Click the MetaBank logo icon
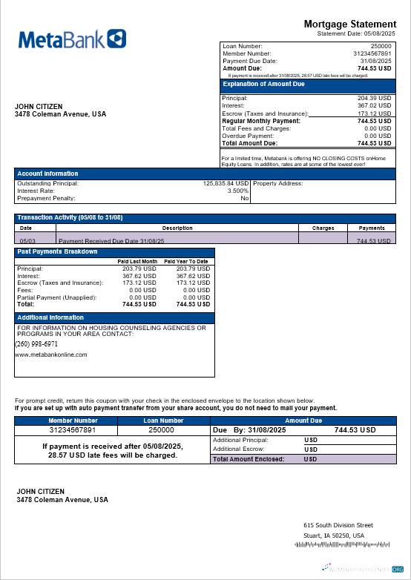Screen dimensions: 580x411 116,39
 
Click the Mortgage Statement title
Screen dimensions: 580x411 349,24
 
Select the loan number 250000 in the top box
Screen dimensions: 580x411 381,46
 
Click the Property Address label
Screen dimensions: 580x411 278,183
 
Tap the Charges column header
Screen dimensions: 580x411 323,228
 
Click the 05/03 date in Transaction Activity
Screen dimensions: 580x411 27,241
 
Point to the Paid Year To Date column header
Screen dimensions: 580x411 186,261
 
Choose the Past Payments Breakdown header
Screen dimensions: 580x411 57,251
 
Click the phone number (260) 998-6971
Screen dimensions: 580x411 36,344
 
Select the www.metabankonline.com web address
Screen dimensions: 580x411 51,355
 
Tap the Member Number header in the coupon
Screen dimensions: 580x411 73,421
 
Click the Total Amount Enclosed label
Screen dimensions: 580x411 249,459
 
